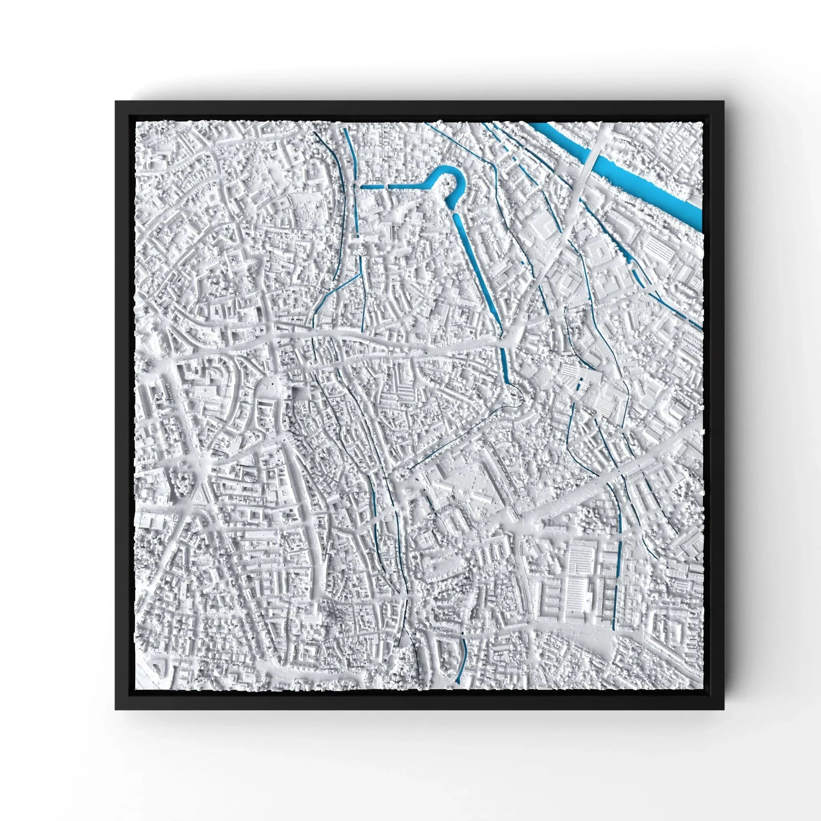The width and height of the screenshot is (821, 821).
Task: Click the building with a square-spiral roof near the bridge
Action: [x=600, y=255]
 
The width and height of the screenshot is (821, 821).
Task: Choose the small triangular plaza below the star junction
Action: [x=199, y=496]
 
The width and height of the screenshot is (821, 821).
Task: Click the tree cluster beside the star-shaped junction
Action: [x=184, y=482]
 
